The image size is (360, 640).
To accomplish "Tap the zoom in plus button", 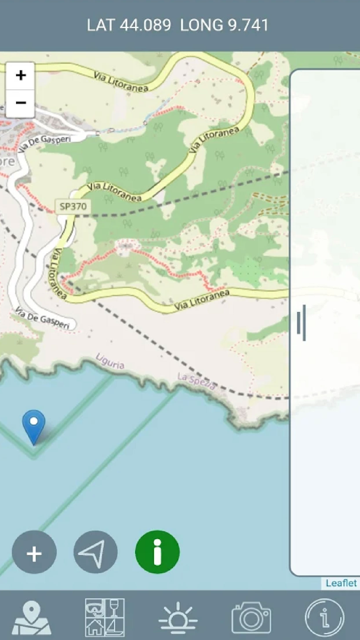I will pyautogui.click(x=21, y=76).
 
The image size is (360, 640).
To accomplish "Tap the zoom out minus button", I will pyautogui.click(x=21, y=103).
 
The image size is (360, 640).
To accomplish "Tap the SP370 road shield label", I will pyautogui.click(x=74, y=207).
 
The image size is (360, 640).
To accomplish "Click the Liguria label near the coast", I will pyautogui.click(x=110, y=362).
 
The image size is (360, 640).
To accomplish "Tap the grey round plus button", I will pyautogui.click(x=34, y=553).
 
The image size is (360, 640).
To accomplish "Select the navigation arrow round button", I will pyautogui.click(x=96, y=553).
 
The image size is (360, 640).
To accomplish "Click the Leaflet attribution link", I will pyautogui.click(x=341, y=583).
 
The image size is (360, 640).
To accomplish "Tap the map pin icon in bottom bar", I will pyautogui.click(x=32, y=617).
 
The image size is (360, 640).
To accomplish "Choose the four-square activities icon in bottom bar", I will pyautogui.click(x=105, y=617).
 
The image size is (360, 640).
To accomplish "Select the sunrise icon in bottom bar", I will pyautogui.click(x=178, y=617).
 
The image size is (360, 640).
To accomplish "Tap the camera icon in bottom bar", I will pyautogui.click(x=251, y=617).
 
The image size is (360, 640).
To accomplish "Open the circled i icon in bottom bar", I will pyautogui.click(x=324, y=617).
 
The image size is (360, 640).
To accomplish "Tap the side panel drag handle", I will pyautogui.click(x=301, y=323).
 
